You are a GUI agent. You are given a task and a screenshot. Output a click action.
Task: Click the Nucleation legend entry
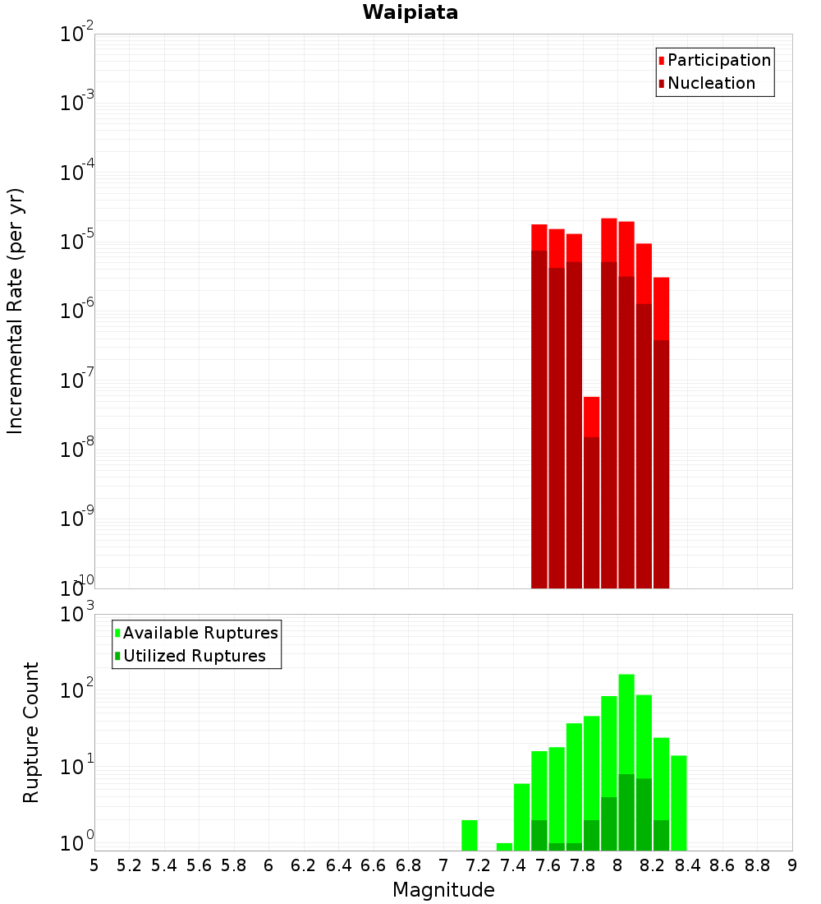(x=710, y=83)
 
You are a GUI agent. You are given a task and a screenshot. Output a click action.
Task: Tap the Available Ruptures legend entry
(x=200, y=633)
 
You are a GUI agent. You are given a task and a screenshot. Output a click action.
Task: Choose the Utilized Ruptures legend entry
(x=194, y=656)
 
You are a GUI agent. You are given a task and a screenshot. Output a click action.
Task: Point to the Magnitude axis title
(x=443, y=890)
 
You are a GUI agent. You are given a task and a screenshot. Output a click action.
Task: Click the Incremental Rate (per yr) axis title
(x=16, y=311)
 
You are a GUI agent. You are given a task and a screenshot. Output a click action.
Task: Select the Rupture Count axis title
(x=31, y=732)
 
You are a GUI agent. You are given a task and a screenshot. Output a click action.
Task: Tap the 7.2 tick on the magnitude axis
(x=478, y=865)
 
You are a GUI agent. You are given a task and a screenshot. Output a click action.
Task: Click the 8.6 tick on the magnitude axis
(x=722, y=865)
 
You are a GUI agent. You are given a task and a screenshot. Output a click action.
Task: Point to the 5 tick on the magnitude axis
(x=94, y=865)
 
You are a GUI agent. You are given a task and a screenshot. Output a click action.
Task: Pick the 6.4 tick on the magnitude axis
(x=338, y=865)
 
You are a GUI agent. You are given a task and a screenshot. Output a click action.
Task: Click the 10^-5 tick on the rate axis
(x=77, y=242)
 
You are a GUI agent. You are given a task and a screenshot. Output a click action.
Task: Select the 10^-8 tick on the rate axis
(x=77, y=450)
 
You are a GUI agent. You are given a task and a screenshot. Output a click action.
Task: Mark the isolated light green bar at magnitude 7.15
(x=470, y=835)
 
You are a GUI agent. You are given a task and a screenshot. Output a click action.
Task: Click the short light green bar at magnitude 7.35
(x=504, y=846)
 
